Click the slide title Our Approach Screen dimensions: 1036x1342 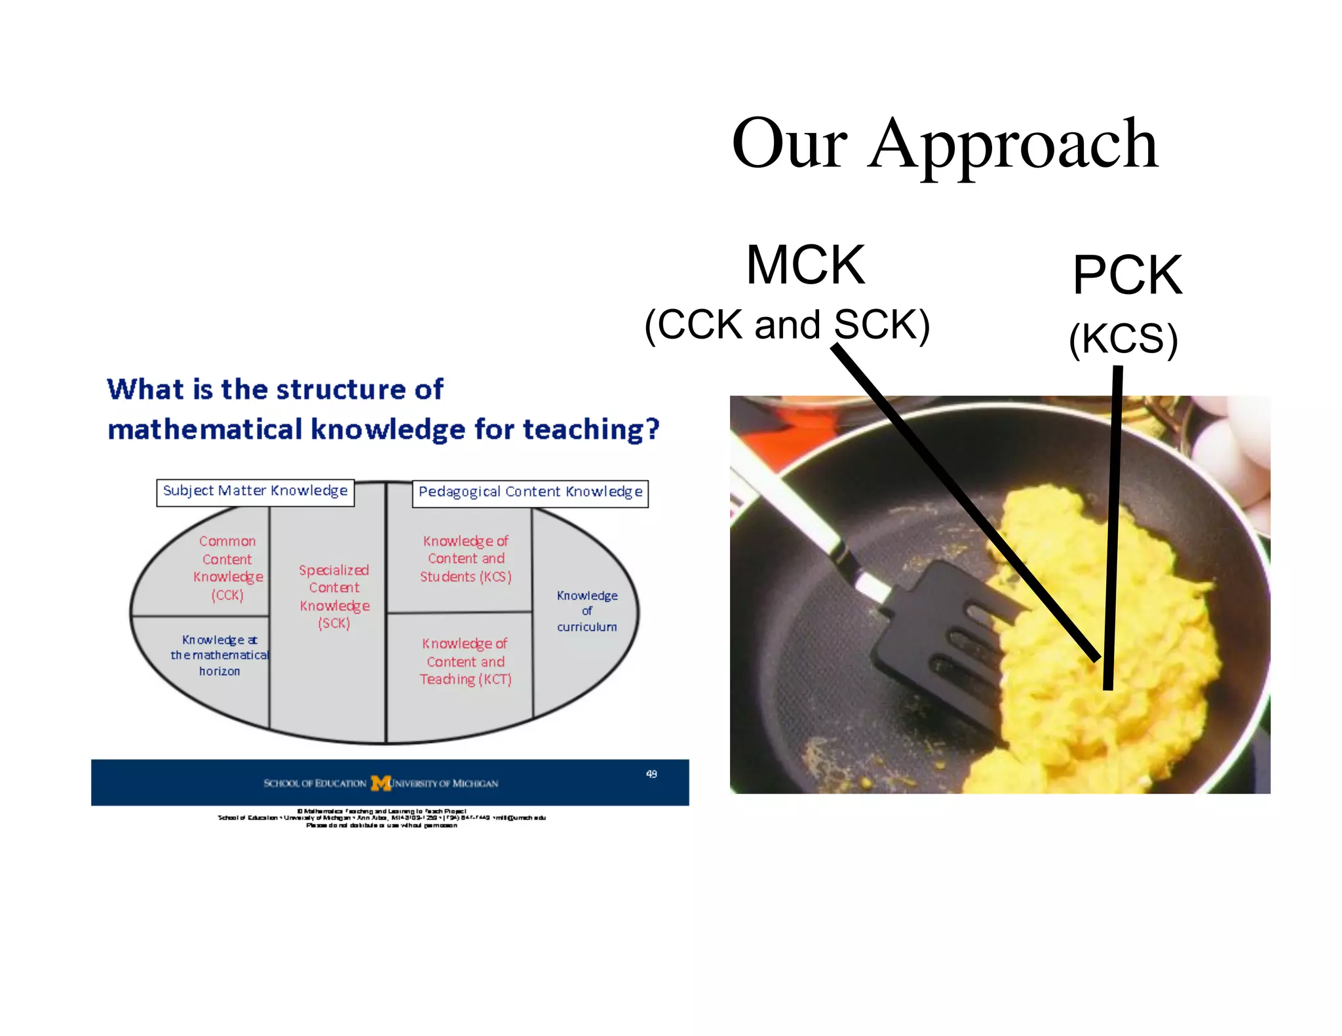click(x=944, y=144)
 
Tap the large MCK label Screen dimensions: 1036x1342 click(x=805, y=265)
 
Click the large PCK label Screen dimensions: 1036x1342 click(x=1127, y=275)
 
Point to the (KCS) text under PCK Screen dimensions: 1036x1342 click(x=1123, y=339)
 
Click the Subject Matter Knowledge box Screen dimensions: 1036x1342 click(x=255, y=492)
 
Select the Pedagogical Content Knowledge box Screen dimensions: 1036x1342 click(x=530, y=493)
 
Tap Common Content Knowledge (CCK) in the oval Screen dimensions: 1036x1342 click(x=227, y=568)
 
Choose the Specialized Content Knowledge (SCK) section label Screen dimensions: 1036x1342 click(x=334, y=596)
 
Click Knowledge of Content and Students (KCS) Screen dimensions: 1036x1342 click(x=466, y=559)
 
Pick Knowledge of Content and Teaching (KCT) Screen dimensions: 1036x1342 click(x=466, y=661)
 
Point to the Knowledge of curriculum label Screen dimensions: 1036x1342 click(x=586, y=611)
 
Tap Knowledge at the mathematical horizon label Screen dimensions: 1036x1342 click(x=220, y=655)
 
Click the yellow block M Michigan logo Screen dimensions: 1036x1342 click(x=381, y=783)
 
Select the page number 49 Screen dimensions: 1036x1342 click(x=651, y=774)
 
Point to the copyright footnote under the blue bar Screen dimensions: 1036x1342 click(x=381, y=818)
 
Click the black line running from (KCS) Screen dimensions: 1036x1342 click(x=1113, y=524)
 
